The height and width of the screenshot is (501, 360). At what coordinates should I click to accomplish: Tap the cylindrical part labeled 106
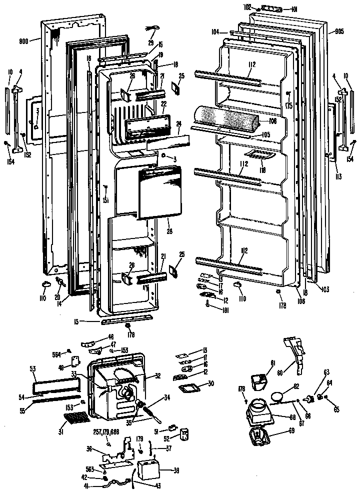tap(229, 118)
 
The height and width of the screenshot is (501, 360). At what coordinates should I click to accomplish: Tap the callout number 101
tap(294, 8)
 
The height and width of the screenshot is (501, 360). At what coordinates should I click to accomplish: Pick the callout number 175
tap(288, 106)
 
